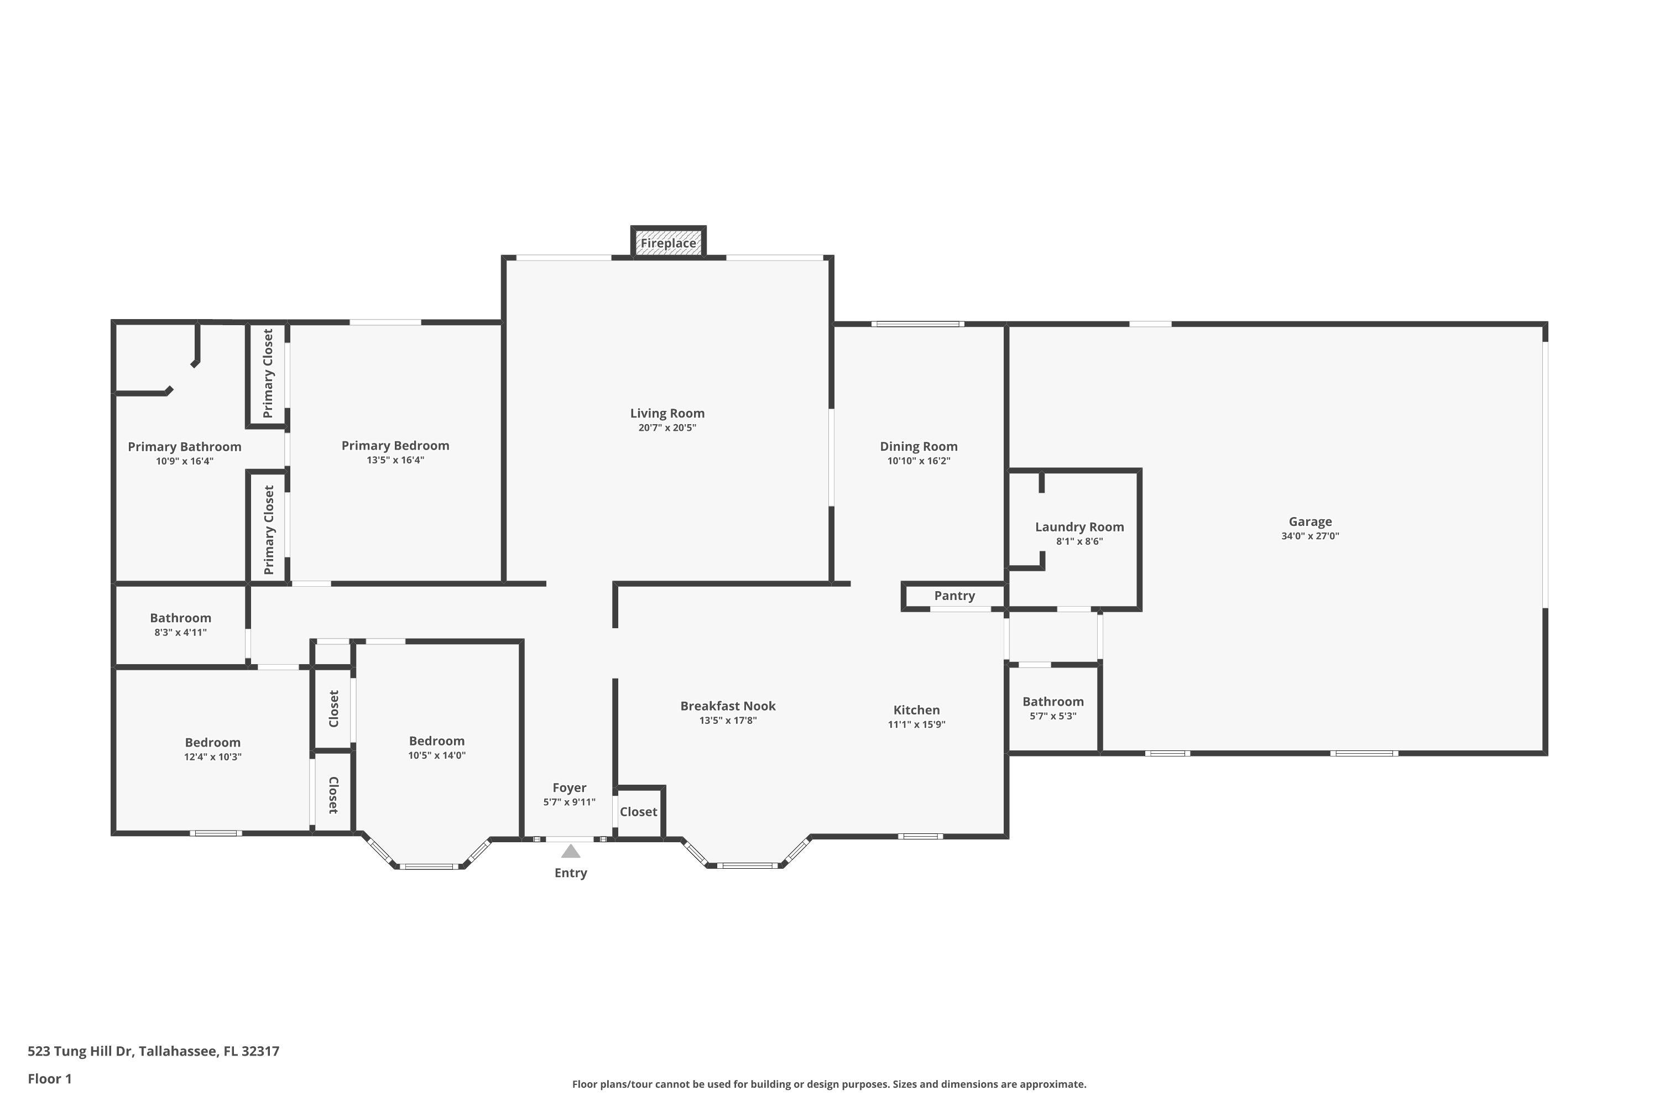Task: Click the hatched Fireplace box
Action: click(668, 243)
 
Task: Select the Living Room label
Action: click(667, 413)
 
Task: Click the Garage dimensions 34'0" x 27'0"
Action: click(1310, 536)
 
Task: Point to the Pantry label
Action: click(954, 596)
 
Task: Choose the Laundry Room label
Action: click(1079, 527)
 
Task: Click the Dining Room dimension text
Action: click(919, 461)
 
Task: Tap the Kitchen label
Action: click(916, 710)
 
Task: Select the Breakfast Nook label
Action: click(728, 706)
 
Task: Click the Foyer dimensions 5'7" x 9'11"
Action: click(569, 802)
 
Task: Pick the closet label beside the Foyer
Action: click(638, 812)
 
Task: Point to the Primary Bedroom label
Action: click(395, 446)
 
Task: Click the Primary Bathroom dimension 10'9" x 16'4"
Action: click(184, 462)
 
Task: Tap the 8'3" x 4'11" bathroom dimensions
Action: click(181, 633)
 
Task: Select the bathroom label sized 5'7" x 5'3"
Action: click(1053, 702)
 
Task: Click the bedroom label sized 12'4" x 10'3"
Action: click(212, 743)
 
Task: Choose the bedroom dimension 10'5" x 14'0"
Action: click(437, 755)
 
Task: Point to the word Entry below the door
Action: click(571, 873)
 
